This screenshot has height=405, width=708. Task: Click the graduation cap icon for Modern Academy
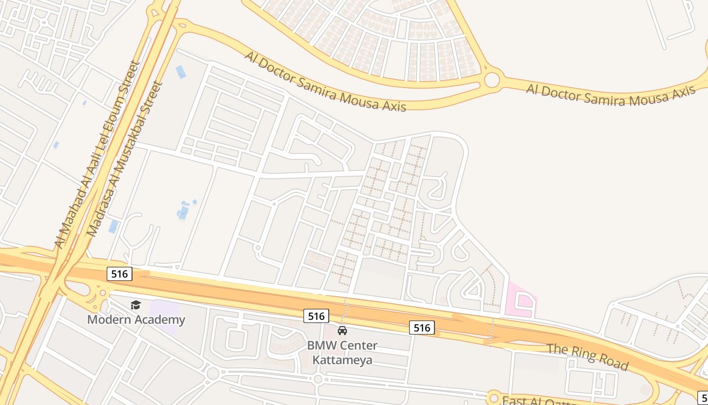tap(136, 305)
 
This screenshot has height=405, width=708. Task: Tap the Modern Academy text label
tap(136, 320)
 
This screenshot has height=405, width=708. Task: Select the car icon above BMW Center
tap(342, 331)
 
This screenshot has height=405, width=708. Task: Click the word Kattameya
tap(342, 360)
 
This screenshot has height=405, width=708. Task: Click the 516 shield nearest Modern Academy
tap(120, 274)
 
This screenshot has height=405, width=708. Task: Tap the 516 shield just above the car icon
tap(316, 316)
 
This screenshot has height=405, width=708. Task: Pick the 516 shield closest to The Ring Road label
tap(422, 328)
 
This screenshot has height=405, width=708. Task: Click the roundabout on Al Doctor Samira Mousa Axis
tap(492, 80)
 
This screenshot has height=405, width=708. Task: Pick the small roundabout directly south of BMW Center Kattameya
tap(318, 379)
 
